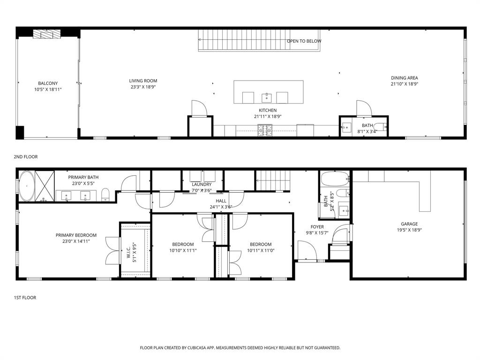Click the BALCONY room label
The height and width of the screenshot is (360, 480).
(x=48, y=83)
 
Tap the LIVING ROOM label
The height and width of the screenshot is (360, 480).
(x=143, y=81)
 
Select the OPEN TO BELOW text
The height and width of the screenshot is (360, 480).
(x=304, y=41)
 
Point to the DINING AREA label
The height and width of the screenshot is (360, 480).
(x=404, y=78)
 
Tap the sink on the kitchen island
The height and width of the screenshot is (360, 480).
(x=266, y=97)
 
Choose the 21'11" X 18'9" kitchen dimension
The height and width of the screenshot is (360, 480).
(x=267, y=117)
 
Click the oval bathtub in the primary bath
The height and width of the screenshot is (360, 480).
(x=27, y=187)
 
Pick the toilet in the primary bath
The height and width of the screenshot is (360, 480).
(x=105, y=194)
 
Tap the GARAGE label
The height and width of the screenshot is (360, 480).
(x=409, y=224)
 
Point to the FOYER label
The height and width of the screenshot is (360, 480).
(x=317, y=227)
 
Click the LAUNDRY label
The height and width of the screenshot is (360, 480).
(x=202, y=184)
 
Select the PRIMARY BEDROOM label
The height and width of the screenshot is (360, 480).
(x=76, y=235)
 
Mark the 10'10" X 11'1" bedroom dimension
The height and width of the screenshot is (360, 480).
(x=182, y=250)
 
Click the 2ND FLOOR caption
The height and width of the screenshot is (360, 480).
(x=26, y=157)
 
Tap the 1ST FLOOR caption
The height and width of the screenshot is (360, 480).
(x=25, y=298)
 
